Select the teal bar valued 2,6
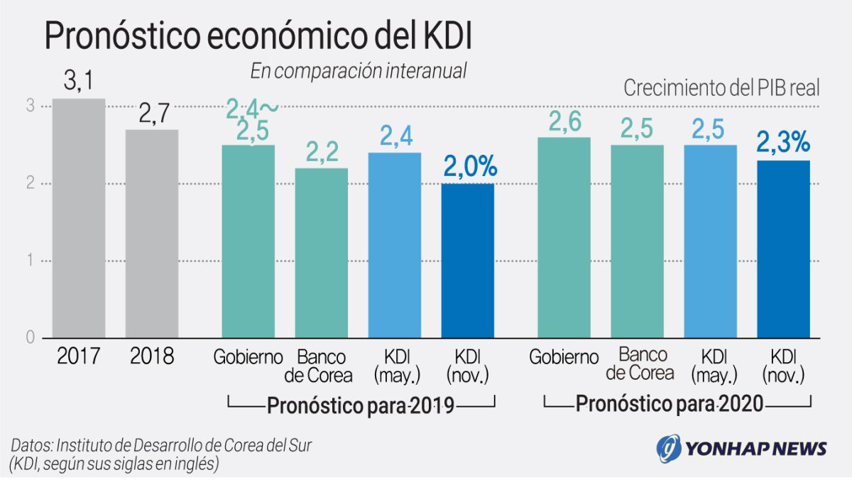tap(564, 237)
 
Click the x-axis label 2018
tap(152, 356)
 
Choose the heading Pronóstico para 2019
tap(361, 406)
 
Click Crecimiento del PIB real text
tap(721, 89)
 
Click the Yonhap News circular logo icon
tap(667, 448)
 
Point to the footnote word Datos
tap(31, 446)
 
